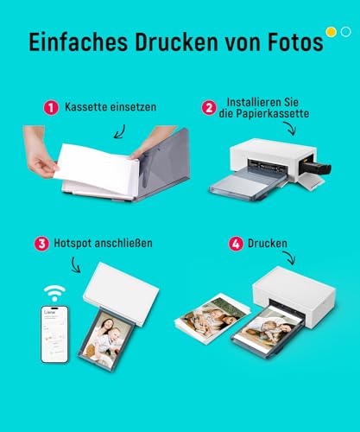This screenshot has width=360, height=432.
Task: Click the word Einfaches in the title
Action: tap(79, 42)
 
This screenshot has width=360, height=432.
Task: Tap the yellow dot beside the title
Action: tap(332, 32)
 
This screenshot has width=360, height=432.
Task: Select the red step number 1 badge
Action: tap(51, 108)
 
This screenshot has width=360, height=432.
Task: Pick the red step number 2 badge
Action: tap(209, 108)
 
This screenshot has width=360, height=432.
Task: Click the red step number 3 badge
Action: tap(41, 244)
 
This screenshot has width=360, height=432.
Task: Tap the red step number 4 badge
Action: tap(236, 244)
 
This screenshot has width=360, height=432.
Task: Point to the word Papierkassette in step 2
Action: tap(273, 113)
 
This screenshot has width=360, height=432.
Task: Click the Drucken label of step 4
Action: tap(268, 244)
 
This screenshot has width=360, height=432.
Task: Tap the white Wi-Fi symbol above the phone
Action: tap(54, 294)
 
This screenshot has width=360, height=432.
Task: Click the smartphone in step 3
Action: tap(54, 334)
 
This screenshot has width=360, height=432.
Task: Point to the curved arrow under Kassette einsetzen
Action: tap(121, 132)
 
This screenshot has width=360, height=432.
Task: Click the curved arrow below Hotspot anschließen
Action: tap(75, 265)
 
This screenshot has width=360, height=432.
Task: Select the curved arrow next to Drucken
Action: tap(291, 257)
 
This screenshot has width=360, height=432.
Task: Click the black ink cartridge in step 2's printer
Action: tap(316, 167)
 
